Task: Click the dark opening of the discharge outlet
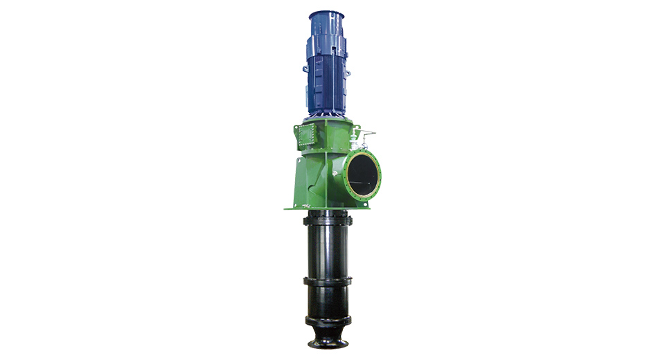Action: coord(363,174)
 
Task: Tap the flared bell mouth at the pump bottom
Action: coord(329,343)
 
